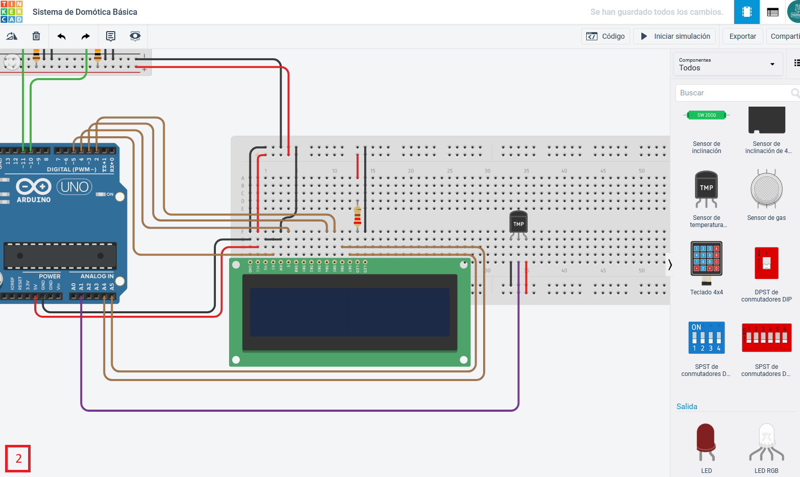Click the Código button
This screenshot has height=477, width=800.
click(606, 36)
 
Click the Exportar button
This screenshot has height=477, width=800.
click(742, 36)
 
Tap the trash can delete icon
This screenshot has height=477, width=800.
click(36, 36)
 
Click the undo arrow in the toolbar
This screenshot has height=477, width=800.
click(62, 36)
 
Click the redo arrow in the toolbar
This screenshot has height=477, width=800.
click(86, 36)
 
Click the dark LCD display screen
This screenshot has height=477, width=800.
click(349, 312)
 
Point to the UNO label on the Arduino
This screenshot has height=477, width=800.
click(74, 187)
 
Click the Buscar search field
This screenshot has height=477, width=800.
click(732, 93)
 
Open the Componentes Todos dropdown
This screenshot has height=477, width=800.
click(728, 64)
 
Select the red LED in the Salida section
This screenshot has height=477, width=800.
click(706, 442)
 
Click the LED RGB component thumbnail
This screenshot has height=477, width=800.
click(766, 442)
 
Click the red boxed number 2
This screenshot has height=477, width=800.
click(18, 459)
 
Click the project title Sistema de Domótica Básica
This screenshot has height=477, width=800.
click(85, 12)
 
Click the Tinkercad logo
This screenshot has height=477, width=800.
click(12, 12)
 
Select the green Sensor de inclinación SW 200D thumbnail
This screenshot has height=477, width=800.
click(707, 115)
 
